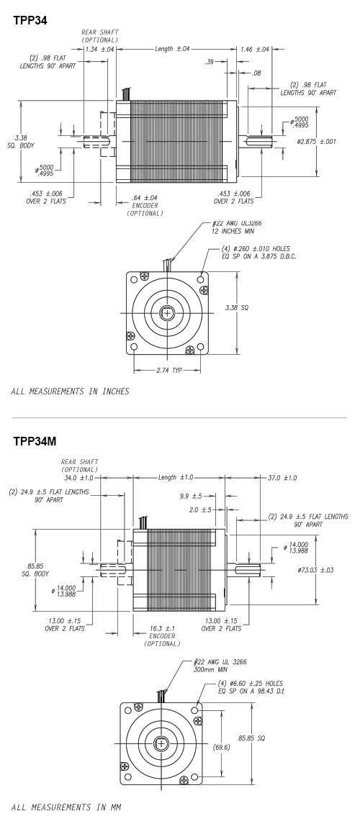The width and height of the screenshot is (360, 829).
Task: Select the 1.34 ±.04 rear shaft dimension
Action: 101,50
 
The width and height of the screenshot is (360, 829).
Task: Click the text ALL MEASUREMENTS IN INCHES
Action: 69,391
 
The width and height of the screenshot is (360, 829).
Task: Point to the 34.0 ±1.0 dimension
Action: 81,478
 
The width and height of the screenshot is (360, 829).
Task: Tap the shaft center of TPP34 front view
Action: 167,313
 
